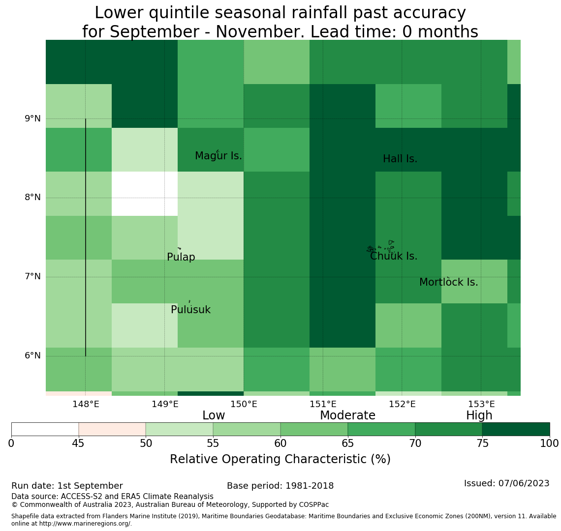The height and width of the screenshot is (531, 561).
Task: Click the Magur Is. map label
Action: click(218, 156)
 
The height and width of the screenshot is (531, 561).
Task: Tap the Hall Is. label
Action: click(400, 159)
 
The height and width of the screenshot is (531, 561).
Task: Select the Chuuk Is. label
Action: click(394, 256)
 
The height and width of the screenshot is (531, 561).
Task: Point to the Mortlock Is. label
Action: click(449, 282)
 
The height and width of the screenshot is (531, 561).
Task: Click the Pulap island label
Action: click(181, 257)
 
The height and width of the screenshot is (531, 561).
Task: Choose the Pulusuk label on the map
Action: click(191, 310)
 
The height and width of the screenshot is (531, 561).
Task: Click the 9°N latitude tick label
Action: click(32, 118)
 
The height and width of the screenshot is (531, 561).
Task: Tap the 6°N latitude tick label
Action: click(32, 356)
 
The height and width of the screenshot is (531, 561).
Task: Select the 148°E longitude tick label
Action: click(86, 404)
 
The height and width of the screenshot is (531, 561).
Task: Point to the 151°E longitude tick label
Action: click(323, 404)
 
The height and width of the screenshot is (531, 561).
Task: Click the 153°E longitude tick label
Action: click(482, 404)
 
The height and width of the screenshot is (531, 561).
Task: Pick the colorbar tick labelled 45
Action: click(78, 444)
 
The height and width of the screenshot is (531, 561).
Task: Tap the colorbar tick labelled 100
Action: click(550, 444)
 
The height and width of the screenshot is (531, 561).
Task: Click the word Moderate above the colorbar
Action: click(347, 415)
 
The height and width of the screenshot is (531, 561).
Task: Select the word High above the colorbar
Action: click(479, 415)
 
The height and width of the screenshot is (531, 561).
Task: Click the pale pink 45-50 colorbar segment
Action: click(112, 429)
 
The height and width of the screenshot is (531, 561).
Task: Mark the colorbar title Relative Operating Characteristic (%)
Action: click(280, 459)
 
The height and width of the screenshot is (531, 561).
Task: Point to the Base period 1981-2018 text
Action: click(280, 486)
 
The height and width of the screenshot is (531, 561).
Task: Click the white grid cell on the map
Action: click(145, 194)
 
